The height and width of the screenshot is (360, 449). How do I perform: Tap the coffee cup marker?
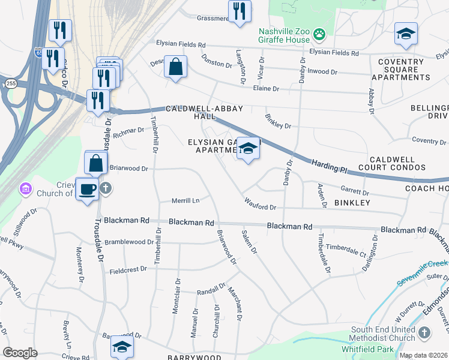click(x=87, y=189)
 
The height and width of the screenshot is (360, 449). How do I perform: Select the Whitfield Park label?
click(x=372, y=349)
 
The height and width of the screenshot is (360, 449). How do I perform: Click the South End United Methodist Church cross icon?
click(x=425, y=332)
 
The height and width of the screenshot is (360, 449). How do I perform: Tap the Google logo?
click(x=20, y=352)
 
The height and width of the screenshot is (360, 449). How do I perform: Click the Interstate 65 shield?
click(x=39, y=52)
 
